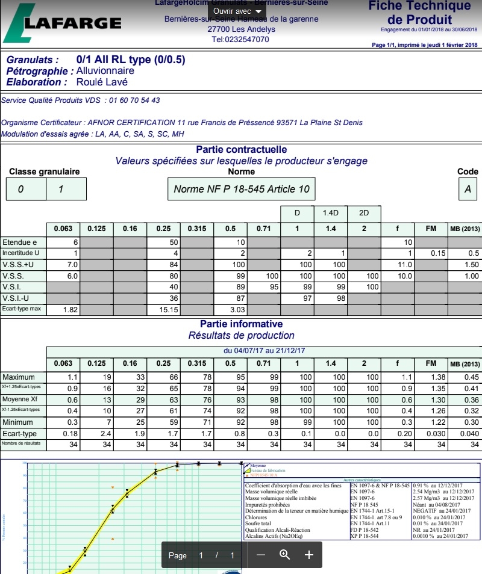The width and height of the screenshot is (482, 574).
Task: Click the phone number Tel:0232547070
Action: pos(240,39)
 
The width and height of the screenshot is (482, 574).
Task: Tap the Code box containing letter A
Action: pos(468,189)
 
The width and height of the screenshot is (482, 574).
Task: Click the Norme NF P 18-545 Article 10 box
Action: pos(241,189)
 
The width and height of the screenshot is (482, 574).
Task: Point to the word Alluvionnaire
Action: pos(105,71)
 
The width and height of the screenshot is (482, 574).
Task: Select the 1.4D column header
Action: pos(331,214)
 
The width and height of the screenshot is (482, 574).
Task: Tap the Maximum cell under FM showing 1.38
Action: pos(431,377)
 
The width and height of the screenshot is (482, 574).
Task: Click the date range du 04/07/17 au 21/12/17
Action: pos(264,351)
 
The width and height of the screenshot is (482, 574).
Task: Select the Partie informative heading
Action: pos(241,324)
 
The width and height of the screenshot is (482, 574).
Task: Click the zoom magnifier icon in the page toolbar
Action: pos(285,555)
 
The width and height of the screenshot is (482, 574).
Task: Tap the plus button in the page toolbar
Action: pos(309,555)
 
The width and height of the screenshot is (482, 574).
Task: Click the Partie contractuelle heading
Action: pos(241,149)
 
